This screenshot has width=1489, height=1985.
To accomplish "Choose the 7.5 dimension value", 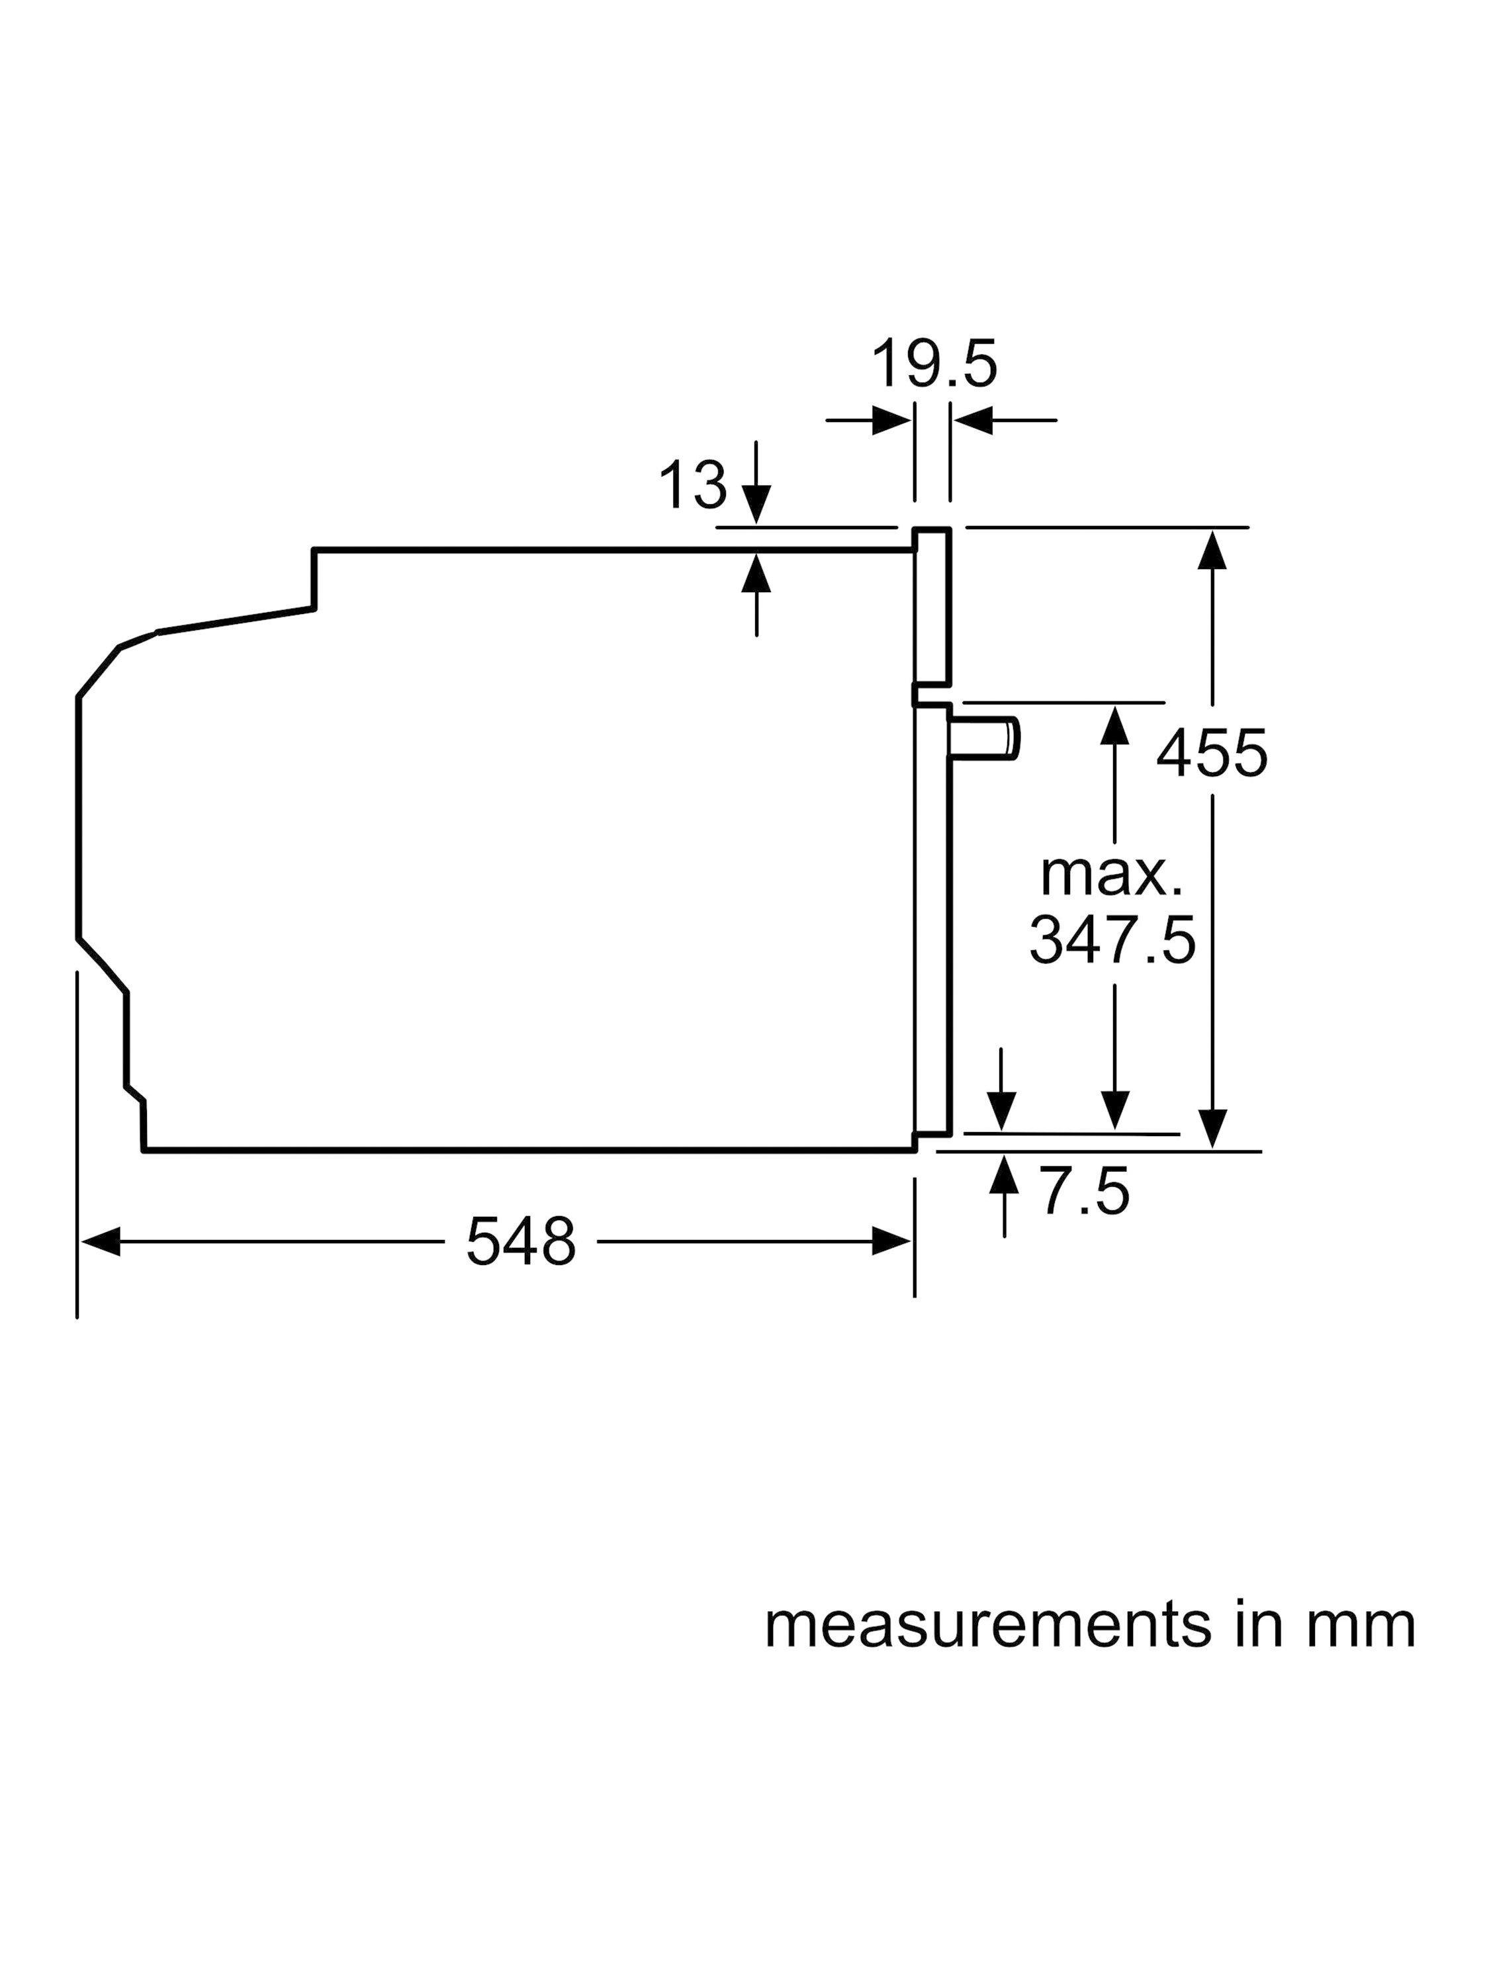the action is coord(1084,1192).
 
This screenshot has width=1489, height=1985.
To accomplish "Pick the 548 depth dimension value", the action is coord(521,1243).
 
